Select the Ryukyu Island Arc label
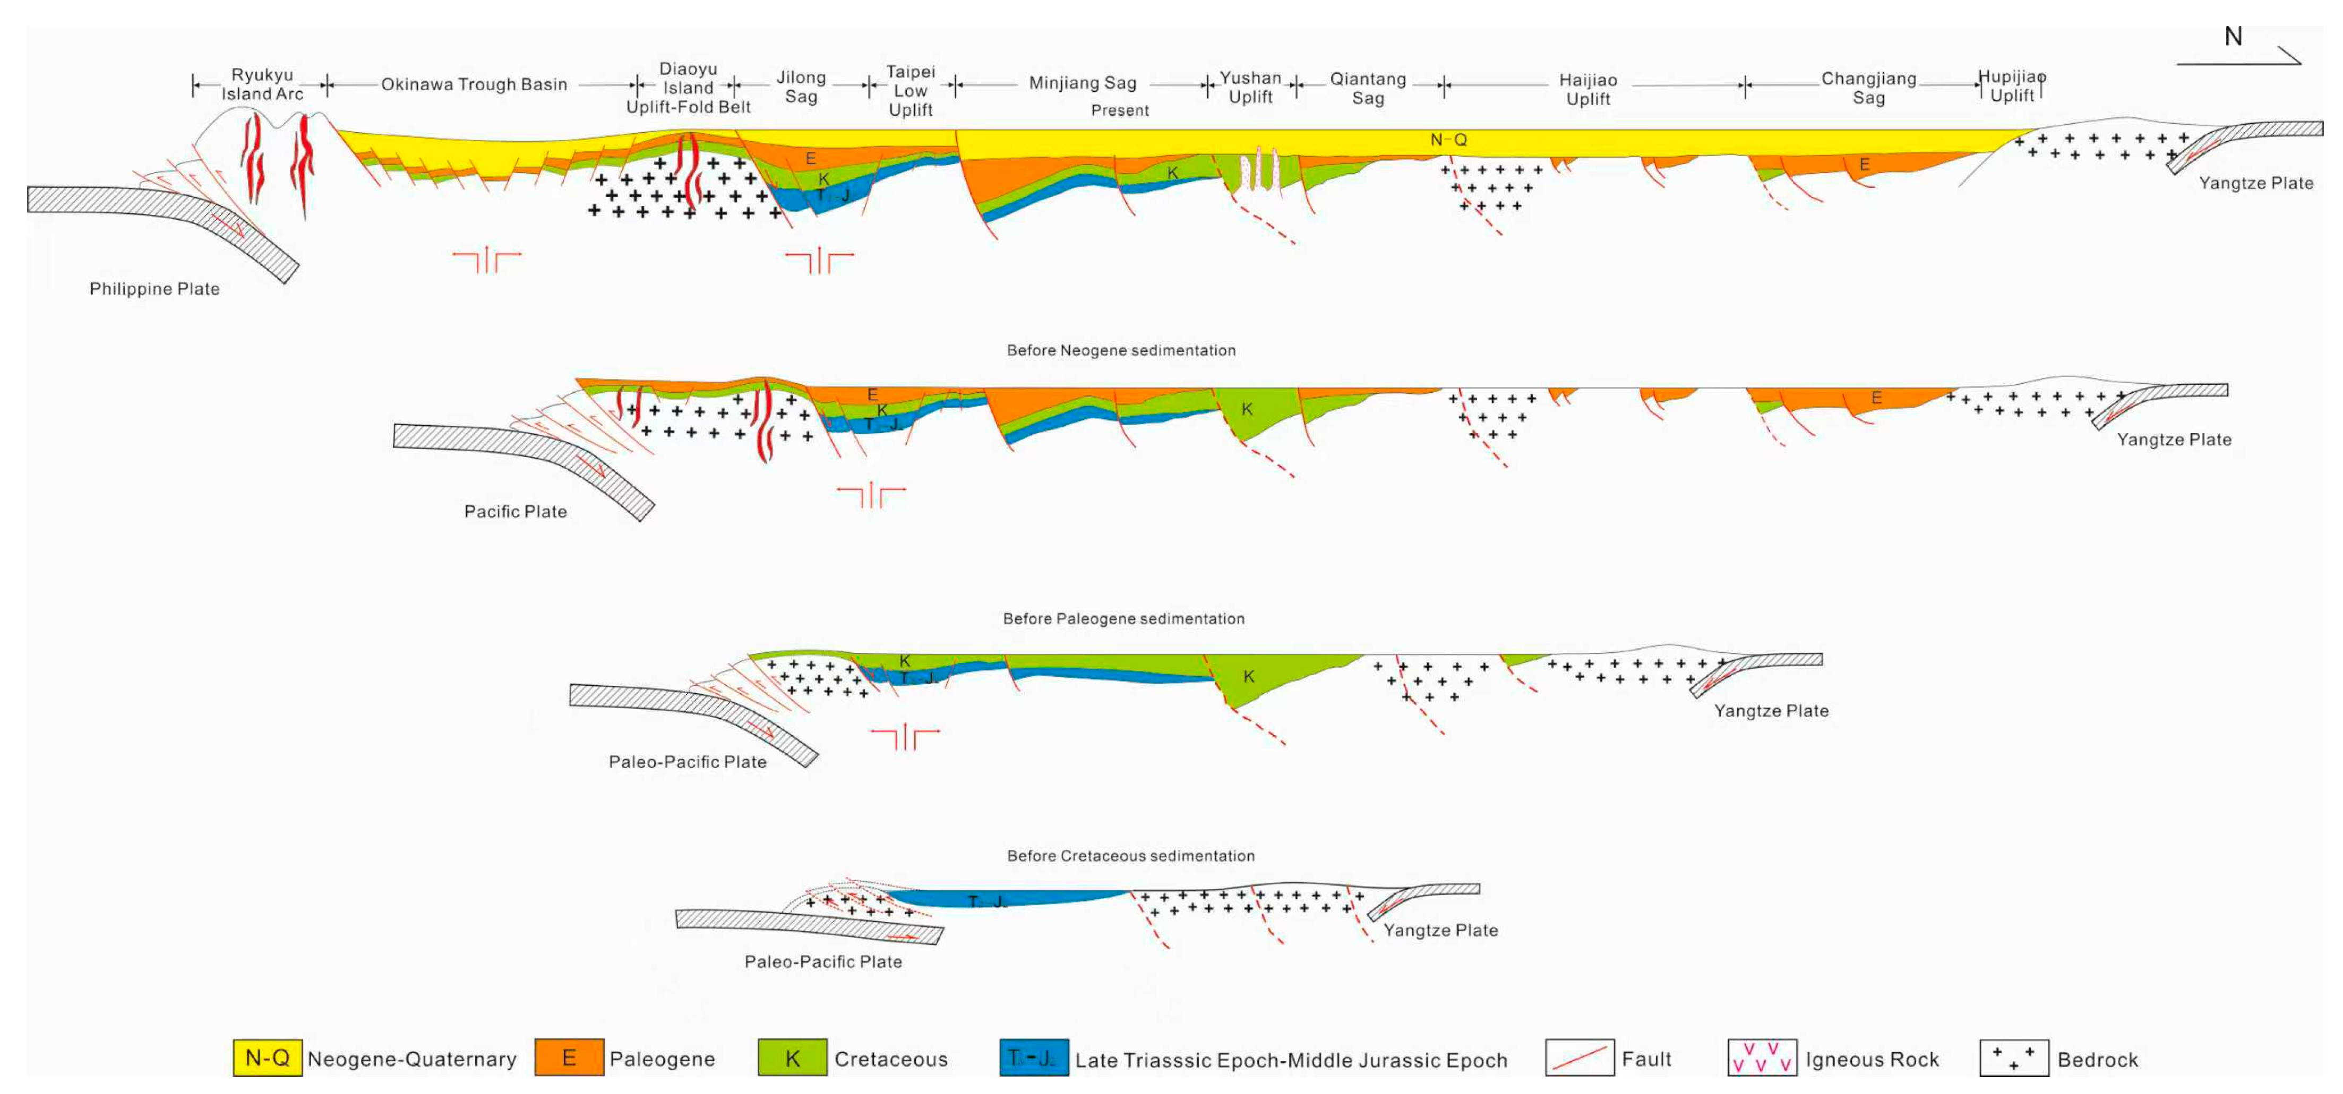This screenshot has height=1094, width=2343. coord(262,84)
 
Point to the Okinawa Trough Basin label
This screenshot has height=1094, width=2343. coord(474,84)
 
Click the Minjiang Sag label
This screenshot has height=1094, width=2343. coord(1083,83)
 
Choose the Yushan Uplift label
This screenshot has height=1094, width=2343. coord(1251,87)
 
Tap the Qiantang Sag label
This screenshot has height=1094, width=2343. coord(1368,88)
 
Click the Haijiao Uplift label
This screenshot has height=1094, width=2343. coord(1588,89)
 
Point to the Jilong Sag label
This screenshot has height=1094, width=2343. coord(801,87)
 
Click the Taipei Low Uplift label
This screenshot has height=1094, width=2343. coord(911,90)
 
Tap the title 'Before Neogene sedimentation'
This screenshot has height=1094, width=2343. coord(1121,350)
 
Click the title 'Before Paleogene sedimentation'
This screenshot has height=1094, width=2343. coord(1123,618)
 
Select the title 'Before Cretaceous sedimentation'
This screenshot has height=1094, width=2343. coord(1130,856)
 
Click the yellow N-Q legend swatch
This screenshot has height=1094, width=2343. coord(268,1057)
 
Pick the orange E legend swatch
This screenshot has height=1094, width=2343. coord(569,1057)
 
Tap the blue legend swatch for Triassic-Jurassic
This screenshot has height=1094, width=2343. coord(1033,1057)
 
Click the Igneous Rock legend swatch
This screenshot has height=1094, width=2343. coord(1762,1057)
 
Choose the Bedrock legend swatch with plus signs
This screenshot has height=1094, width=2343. coord(2014,1057)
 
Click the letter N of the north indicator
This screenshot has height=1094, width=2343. coord(2233,37)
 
